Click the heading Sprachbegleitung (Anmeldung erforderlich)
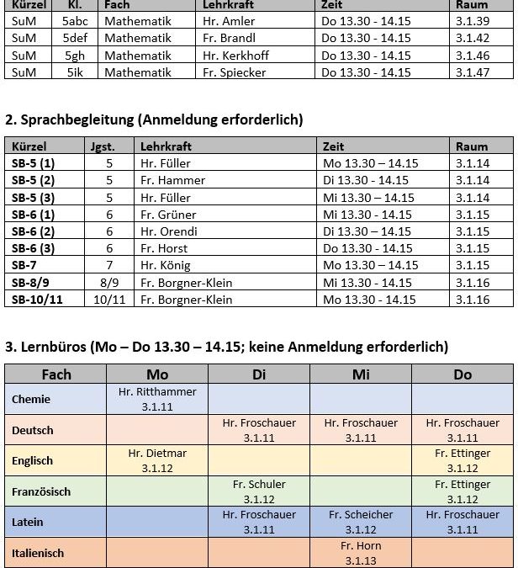[x=154, y=119]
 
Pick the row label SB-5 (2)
[x=33, y=180]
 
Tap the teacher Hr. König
[x=166, y=266]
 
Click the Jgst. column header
[x=103, y=146]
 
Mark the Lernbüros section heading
[x=227, y=347]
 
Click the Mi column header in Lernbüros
[x=361, y=374]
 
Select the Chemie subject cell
[x=31, y=400]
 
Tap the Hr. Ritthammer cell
[x=157, y=399]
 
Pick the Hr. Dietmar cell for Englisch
[x=157, y=460]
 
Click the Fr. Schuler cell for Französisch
[x=259, y=491]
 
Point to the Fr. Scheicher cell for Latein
[x=361, y=522]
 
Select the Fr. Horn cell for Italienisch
[x=361, y=553]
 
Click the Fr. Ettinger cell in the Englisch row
[x=462, y=460]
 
